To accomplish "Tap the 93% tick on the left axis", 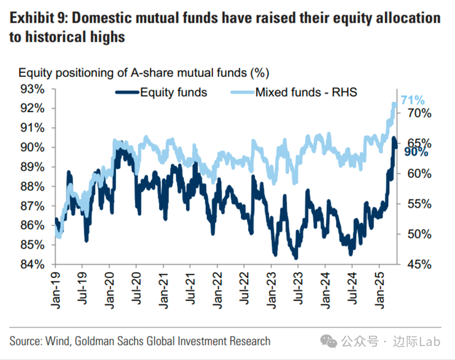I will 33,89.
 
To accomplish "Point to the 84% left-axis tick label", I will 33,264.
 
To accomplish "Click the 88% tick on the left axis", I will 33,187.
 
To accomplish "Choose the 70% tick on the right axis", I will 419,113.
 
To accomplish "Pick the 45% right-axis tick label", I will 419,264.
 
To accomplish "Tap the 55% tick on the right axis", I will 419,204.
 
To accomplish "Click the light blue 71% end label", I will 412,100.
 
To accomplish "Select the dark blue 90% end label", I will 416,152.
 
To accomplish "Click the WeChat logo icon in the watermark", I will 329,341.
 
